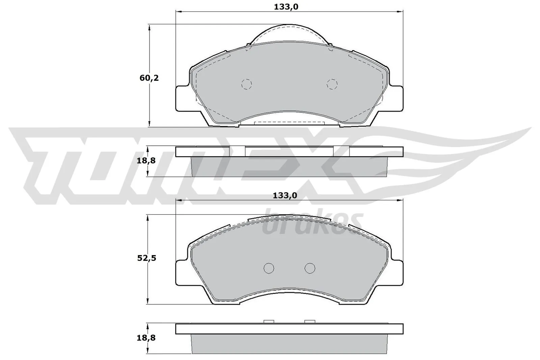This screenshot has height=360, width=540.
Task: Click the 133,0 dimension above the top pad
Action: pyautogui.click(x=286, y=6)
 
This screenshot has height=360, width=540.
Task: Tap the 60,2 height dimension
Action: pyautogui.click(x=149, y=78)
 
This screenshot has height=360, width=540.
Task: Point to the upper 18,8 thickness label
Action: pyautogui.click(x=146, y=161)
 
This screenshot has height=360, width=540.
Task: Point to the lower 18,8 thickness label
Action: pyautogui.click(x=146, y=337)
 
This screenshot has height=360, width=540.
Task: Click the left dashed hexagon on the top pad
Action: pyautogui.click(x=247, y=84)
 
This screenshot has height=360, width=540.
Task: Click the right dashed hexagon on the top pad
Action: pyautogui.click(x=332, y=84)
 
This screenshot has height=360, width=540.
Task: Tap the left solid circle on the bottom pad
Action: pyautogui.click(x=269, y=268)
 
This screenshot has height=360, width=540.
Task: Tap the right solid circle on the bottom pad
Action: pyautogui.click(x=310, y=268)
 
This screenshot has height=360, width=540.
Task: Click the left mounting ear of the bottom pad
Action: pyautogui.click(x=183, y=273)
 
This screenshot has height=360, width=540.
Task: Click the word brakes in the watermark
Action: pyautogui.click(x=312, y=224)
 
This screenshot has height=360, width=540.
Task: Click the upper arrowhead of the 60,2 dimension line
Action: pyautogui.click(x=149, y=27)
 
